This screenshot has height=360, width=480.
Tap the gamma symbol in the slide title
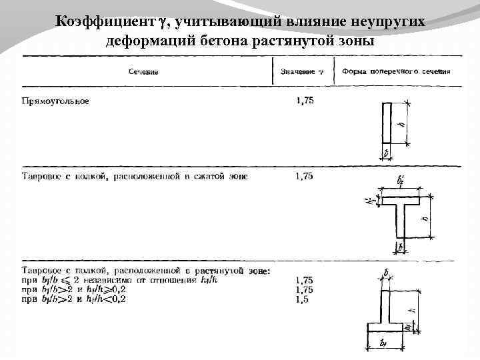[164, 23]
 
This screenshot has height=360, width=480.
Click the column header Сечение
[143, 71]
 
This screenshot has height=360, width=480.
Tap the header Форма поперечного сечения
[396, 71]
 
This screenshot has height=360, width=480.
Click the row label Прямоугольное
[55, 101]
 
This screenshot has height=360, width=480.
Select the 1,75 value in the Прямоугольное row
[305, 101]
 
